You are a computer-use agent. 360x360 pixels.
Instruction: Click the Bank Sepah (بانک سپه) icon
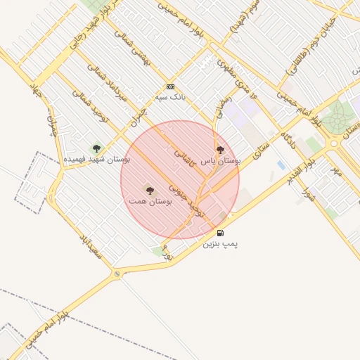click(169, 86)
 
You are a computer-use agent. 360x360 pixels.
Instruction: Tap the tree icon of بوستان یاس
click(220, 149)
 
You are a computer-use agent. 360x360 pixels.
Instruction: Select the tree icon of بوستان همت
click(149, 190)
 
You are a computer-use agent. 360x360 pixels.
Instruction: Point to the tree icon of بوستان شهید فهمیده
click(96, 148)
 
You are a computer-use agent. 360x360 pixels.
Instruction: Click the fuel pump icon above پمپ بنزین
click(221, 233)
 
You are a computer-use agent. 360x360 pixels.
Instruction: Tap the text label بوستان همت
click(150, 201)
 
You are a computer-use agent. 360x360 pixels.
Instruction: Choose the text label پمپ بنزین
click(221, 244)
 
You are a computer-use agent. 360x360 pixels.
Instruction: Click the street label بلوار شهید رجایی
click(96, 24)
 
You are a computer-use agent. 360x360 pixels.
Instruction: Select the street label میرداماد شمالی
click(104, 84)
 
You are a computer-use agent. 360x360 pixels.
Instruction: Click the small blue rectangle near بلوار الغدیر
click(281, 165)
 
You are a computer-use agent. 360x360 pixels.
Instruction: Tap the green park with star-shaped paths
click(341, 115)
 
